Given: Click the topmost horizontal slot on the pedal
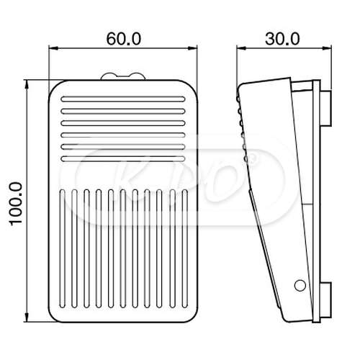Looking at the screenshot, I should [x=123, y=98].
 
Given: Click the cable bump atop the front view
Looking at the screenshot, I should [x=123, y=76].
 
